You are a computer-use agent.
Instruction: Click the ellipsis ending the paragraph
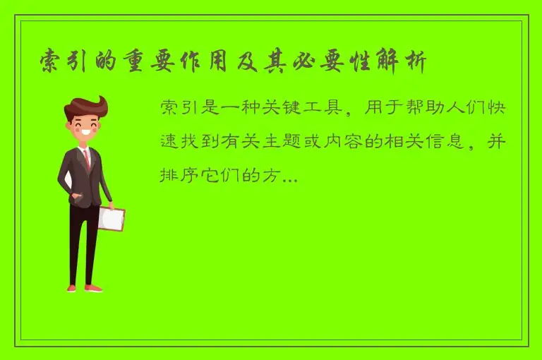click(x=289, y=176)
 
